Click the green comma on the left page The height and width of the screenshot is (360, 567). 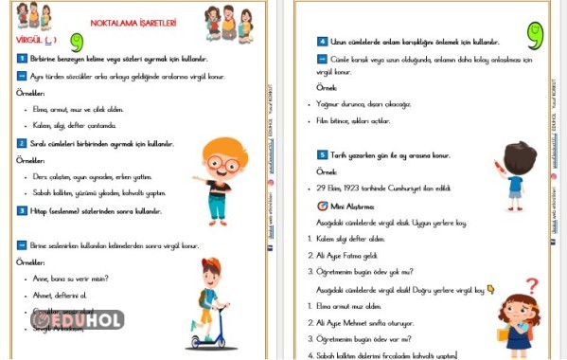pyautogui.click(x=76, y=42)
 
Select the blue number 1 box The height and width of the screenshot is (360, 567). pyautogui.click(x=22, y=58)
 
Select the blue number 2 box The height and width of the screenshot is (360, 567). pyautogui.click(x=22, y=143)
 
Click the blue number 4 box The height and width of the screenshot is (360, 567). pyautogui.click(x=322, y=42)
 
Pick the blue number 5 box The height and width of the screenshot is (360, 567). pyautogui.click(x=322, y=154)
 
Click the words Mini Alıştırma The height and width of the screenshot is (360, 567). pyautogui.click(x=354, y=206)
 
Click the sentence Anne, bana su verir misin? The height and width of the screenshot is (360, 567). pyautogui.click(x=71, y=279)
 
